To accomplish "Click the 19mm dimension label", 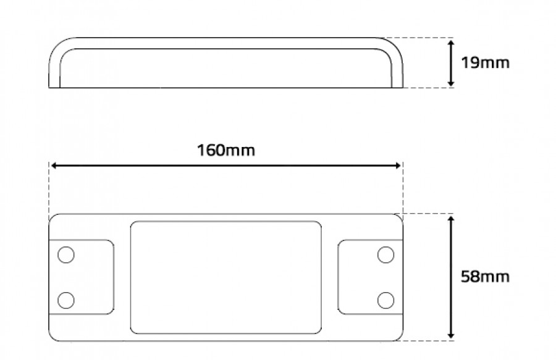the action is pyautogui.click(x=485, y=63).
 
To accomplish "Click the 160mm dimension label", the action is pyautogui.click(x=226, y=150).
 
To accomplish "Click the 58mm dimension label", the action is pyautogui.click(x=485, y=277).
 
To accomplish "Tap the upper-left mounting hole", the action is pyautogui.click(x=66, y=255).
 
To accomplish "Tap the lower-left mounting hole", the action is pyautogui.click(x=66, y=301).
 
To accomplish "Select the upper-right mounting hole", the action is pyautogui.click(x=385, y=255).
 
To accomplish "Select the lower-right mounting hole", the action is pyautogui.click(x=385, y=301).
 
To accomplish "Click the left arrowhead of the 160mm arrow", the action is pyautogui.click(x=54, y=165).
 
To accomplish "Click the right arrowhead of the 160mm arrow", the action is pyautogui.click(x=398, y=165).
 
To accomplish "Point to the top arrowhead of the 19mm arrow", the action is pyautogui.click(x=451, y=43).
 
